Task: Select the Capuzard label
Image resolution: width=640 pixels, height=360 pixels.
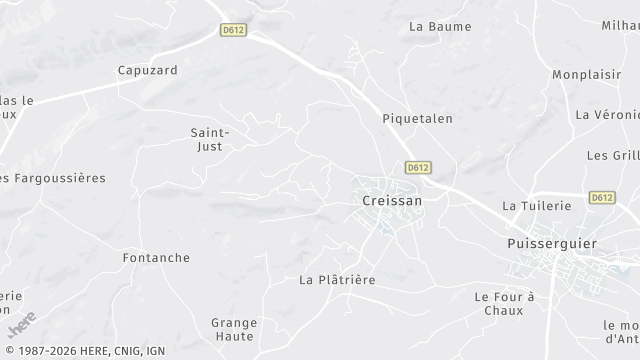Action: click(147, 70)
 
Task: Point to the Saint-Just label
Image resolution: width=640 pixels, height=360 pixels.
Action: click(211, 139)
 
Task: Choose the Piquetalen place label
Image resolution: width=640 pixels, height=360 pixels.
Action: click(417, 118)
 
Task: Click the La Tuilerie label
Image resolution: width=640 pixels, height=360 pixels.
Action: click(536, 205)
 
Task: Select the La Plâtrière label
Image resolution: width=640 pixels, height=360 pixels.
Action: click(337, 280)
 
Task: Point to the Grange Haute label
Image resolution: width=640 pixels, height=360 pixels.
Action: click(234, 329)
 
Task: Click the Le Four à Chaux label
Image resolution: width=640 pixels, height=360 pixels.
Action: click(505, 303)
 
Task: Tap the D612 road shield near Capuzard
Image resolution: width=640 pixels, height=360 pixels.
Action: click(233, 31)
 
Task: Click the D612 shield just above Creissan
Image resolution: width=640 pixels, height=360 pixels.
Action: click(419, 167)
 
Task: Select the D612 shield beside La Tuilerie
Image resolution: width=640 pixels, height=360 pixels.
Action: click(601, 198)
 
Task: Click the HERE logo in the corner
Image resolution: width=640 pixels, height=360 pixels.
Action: click(21, 325)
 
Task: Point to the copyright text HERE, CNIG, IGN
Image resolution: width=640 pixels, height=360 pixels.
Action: click(84, 351)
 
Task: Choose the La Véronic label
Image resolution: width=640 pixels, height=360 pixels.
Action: click(607, 115)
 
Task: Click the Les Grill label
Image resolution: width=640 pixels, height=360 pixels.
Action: click(612, 155)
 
